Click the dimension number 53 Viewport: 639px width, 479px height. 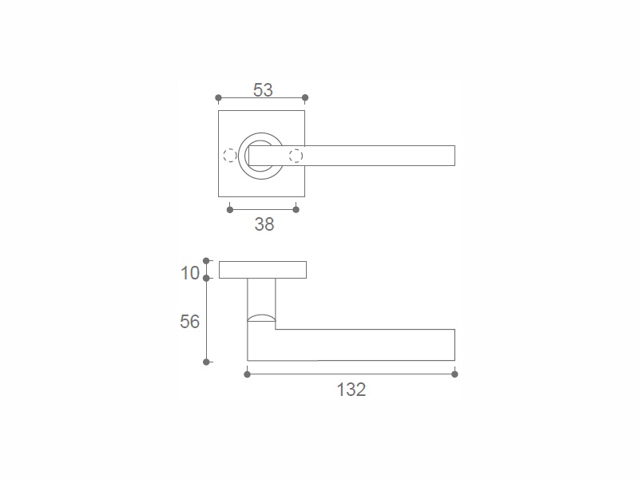tap(263, 90)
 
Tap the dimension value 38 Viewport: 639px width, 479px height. tap(264, 224)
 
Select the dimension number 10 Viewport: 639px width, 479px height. tap(190, 273)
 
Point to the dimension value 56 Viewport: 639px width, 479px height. tap(189, 322)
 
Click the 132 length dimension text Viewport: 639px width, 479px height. tap(351, 390)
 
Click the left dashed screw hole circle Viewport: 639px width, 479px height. tap(230, 156)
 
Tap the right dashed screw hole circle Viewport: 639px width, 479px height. tap(296, 156)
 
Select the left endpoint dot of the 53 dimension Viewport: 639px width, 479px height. tap(218, 97)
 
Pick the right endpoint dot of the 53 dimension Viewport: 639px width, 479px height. tap(305, 97)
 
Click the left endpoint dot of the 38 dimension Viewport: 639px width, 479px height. tap(230, 210)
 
